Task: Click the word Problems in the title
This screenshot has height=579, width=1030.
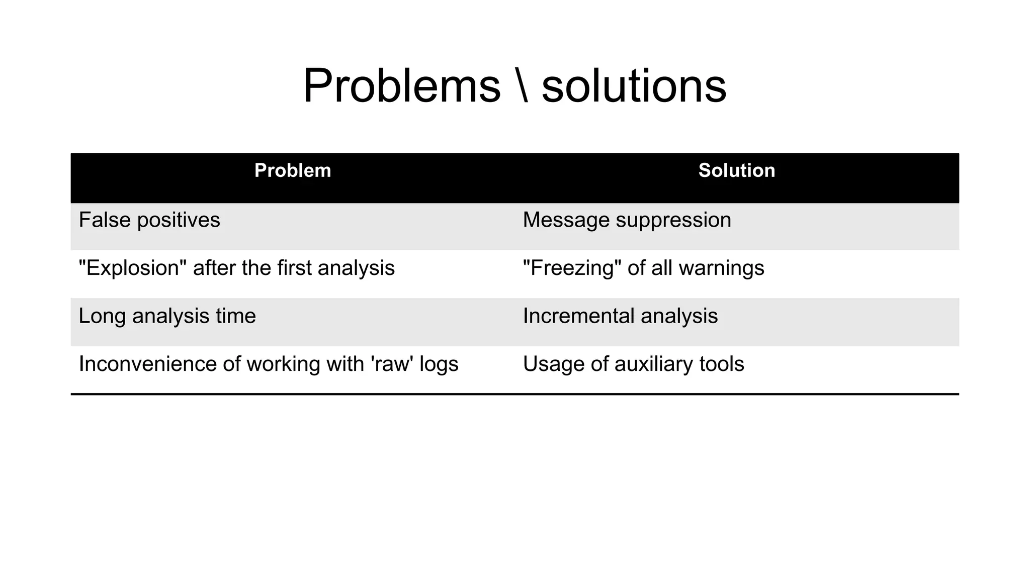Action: [401, 86]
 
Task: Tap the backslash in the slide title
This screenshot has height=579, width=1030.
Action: [522, 86]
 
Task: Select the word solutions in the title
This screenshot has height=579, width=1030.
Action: [634, 86]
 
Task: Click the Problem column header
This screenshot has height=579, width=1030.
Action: [293, 171]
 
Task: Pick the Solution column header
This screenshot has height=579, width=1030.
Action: [736, 171]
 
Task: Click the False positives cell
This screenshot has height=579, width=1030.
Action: [149, 220]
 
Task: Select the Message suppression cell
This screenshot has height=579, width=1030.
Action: [627, 220]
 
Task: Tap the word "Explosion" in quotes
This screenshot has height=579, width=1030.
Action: [132, 268]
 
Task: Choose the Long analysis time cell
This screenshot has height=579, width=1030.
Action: [167, 316]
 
